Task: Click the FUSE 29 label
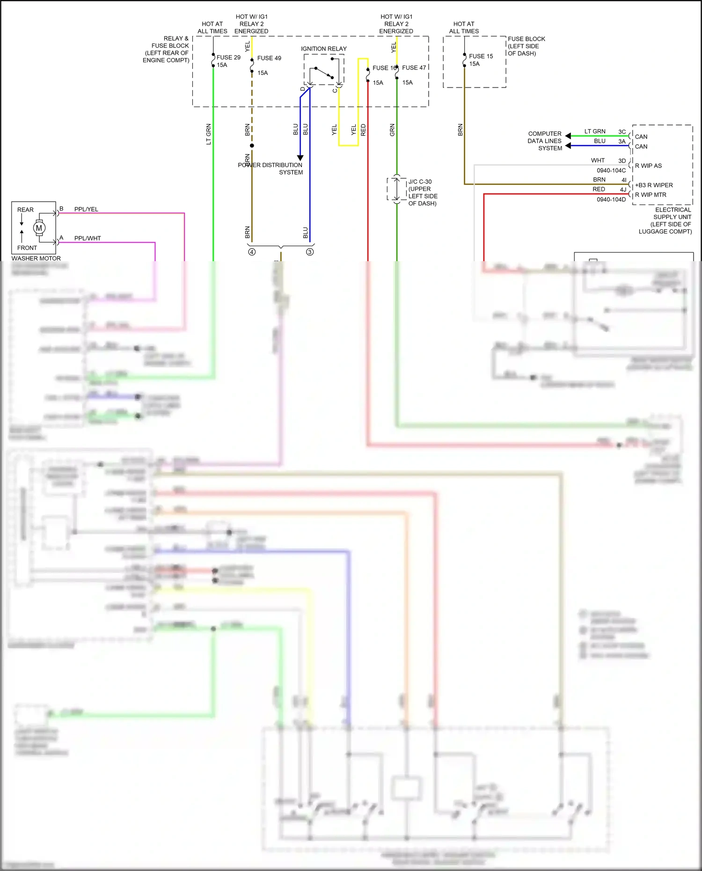point(228,58)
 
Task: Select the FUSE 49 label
point(269,58)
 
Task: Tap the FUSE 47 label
point(414,68)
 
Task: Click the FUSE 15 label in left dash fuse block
point(481,56)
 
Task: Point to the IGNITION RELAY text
point(323,49)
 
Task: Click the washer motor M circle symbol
point(39,228)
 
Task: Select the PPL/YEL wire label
point(86,209)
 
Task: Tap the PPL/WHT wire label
point(88,238)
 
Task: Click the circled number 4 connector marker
point(252,252)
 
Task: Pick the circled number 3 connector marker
point(310,252)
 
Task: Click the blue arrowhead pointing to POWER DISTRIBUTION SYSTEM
point(300,158)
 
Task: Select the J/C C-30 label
point(420,182)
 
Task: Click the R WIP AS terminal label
point(648,166)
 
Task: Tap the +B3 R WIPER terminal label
point(653,185)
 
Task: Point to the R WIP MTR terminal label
point(651,195)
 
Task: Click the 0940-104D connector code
point(611,199)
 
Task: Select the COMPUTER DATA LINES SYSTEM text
point(545,141)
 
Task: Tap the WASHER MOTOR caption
point(36,258)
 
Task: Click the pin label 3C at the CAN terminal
point(622,132)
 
